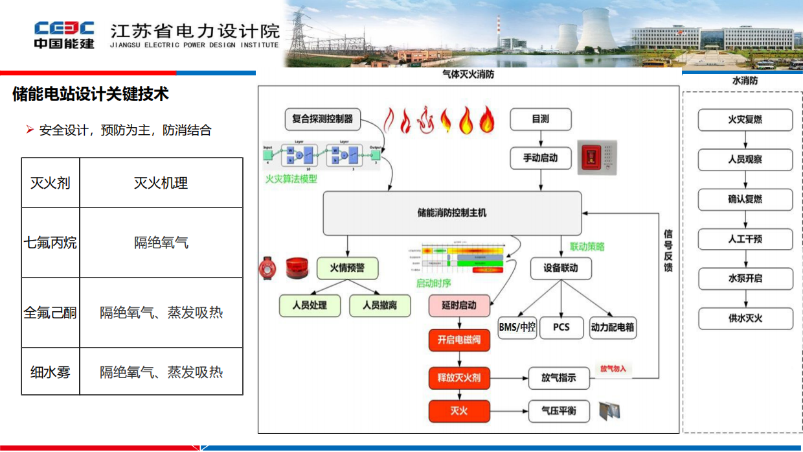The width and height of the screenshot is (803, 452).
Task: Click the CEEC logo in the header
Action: click(64, 34)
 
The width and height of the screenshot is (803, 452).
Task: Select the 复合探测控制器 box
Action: click(322, 119)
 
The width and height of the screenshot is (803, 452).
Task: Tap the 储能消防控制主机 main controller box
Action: click(451, 213)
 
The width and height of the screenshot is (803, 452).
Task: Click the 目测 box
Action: click(540, 119)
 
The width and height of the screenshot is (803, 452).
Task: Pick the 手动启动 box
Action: click(540, 158)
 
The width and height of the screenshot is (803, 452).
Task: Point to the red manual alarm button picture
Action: click(596, 158)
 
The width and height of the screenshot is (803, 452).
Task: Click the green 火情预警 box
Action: click(347, 268)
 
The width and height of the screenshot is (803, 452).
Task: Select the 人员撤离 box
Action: click(379, 305)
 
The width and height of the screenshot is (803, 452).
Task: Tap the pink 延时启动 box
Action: click(458, 305)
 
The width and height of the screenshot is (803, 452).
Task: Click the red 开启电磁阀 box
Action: click(458, 340)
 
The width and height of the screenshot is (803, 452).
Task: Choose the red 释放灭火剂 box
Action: click(458, 377)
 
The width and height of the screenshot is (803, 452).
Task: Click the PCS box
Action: click(561, 327)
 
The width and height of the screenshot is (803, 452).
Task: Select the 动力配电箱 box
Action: click(612, 327)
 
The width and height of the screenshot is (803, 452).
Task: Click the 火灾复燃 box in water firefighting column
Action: click(745, 120)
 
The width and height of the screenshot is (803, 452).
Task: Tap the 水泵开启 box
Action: click(745, 278)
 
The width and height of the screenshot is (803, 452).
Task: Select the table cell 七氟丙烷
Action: click(51, 243)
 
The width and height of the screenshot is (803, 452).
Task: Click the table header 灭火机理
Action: click(161, 183)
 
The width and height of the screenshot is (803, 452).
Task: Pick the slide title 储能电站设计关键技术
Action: click(91, 95)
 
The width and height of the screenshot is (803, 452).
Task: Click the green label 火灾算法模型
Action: click(291, 178)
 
